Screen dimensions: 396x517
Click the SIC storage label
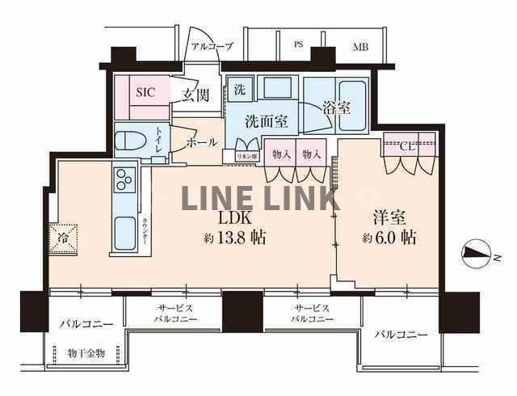click(x=145, y=91)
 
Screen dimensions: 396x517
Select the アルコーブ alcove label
click(x=211, y=46)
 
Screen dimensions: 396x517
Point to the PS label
click(x=297, y=45)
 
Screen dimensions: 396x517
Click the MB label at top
click(x=359, y=47)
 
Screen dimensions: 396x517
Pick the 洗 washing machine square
click(x=240, y=88)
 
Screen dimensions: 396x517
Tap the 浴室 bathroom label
click(x=336, y=107)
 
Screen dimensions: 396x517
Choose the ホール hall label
click(x=201, y=142)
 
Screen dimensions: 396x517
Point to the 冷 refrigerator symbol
click(x=62, y=238)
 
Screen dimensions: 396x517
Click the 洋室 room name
click(x=389, y=217)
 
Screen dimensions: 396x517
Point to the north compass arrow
click(x=477, y=255)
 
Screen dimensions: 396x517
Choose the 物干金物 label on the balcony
click(x=86, y=353)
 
